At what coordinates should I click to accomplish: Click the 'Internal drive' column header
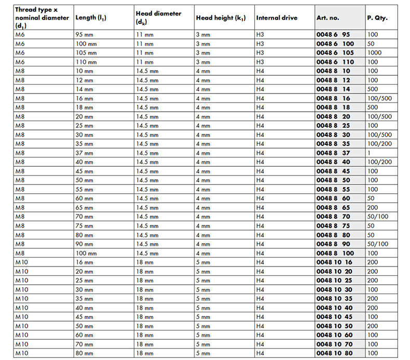point(277,18)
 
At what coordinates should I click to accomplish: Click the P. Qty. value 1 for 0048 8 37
point(369,153)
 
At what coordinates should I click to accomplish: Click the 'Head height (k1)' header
point(221,18)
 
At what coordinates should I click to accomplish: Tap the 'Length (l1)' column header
point(93,18)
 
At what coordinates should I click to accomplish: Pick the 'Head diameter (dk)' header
point(159,18)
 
